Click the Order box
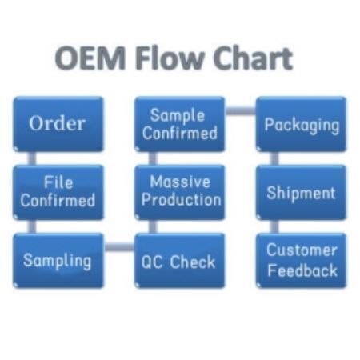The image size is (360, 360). tap(58, 124)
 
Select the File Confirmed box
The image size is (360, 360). tap(58, 192)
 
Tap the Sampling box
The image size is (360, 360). tap(58, 261)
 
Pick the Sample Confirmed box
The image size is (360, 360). tap(180, 124)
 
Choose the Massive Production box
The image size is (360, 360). tap(180, 192)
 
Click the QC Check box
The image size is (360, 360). tap(180, 261)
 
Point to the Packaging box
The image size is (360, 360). tap(301, 124)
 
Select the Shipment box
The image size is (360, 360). tap(301, 192)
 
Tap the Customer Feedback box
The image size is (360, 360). tap(301, 261)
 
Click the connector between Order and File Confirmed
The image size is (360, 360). tap(32, 158)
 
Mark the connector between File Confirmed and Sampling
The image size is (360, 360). tap(32, 226)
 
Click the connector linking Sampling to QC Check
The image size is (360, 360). tap(119, 247)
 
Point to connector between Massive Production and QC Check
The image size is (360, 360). tap(153, 226)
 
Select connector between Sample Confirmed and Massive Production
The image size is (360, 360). tap(153, 158)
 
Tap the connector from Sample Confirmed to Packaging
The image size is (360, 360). tap(241, 110)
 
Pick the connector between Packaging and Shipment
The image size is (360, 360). tap(274, 158)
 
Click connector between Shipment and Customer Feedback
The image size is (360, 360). tap(274, 226)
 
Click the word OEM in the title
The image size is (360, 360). tap(90, 58)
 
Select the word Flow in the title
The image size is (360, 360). tap(170, 58)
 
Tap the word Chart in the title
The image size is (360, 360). tap(253, 58)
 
